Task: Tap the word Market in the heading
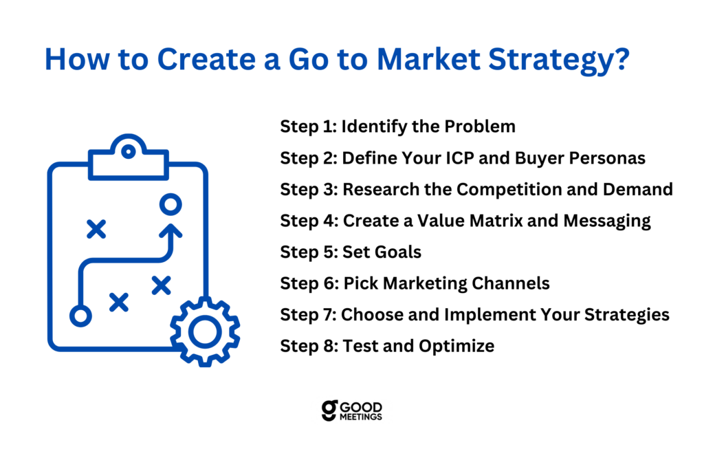click(x=429, y=59)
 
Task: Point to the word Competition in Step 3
click(x=509, y=190)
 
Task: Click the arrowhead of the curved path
click(x=170, y=230)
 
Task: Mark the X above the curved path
click(x=96, y=229)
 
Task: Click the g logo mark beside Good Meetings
click(x=329, y=411)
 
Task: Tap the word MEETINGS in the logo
click(x=361, y=417)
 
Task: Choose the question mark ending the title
click(x=623, y=58)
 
